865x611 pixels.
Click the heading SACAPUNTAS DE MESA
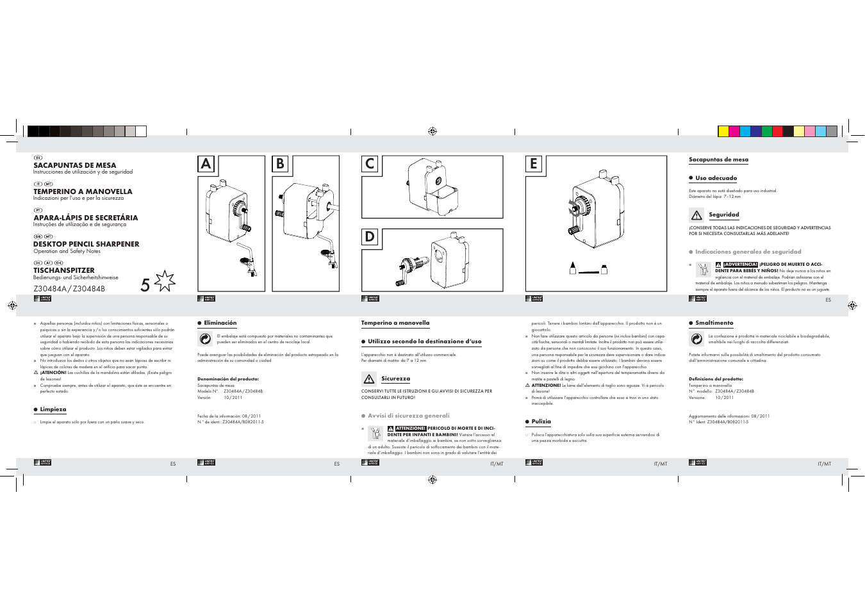pyautogui.click(x=75, y=165)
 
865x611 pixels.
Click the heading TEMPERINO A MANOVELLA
pyautogui.click(x=83, y=191)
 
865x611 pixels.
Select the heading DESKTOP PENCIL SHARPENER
pyautogui.click(x=86, y=244)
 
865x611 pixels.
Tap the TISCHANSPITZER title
pyautogui.click(x=64, y=270)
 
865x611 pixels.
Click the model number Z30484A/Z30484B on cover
pyautogui.click(x=69, y=289)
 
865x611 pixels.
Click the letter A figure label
pyautogui.click(x=206, y=164)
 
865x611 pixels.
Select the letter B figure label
pyautogui.click(x=280, y=164)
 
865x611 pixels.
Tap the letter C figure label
pyautogui.click(x=370, y=164)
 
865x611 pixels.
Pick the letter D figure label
pyautogui.click(x=370, y=237)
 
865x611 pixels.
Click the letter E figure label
pyautogui.click(x=534, y=164)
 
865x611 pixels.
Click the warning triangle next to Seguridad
pyautogui.click(x=696, y=216)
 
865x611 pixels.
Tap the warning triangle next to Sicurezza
pyautogui.click(x=369, y=379)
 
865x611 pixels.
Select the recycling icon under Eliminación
pyautogui.click(x=205, y=339)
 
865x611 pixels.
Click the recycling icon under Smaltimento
pyautogui.click(x=696, y=339)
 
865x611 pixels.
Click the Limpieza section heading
pyautogui.click(x=53, y=409)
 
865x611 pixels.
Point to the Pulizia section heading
pyautogui.click(x=541, y=421)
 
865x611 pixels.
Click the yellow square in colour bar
pyautogui.click(x=723, y=131)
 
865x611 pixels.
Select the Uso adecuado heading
pyautogui.click(x=716, y=178)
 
